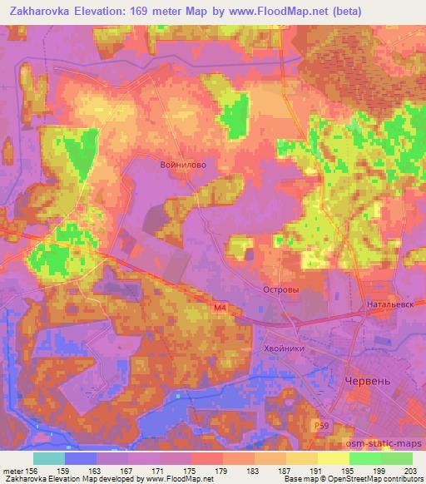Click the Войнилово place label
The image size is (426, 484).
coord(183,165)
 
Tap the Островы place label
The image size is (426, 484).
coord(280,290)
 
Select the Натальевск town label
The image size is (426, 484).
coord(389,305)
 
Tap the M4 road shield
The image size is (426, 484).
coord(218,309)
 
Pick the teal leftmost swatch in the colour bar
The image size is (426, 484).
coord(49,458)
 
